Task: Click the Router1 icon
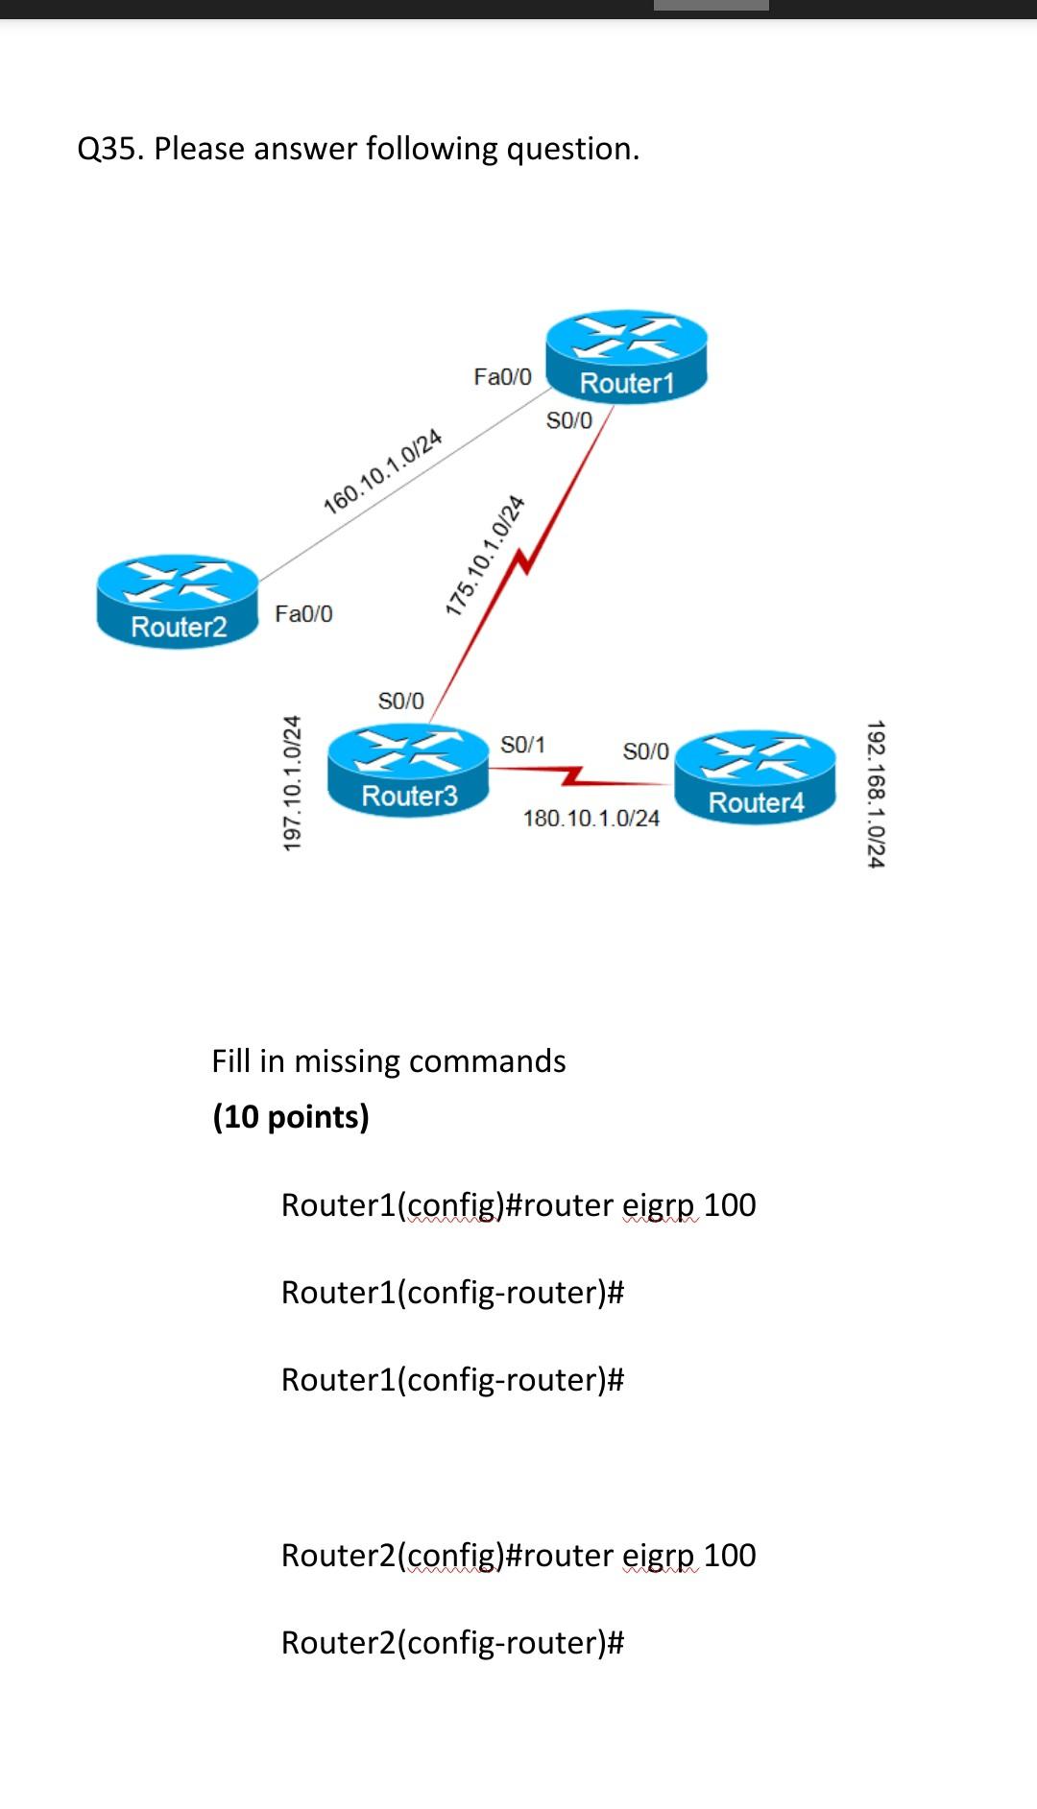click(626, 357)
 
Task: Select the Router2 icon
click(178, 602)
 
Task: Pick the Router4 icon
click(756, 776)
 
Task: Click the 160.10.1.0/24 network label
click(382, 471)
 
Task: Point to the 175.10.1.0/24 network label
click(486, 554)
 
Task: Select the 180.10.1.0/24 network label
click(591, 819)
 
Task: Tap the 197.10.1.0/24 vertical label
click(292, 781)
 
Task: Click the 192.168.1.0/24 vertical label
click(875, 794)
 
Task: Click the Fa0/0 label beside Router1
click(502, 376)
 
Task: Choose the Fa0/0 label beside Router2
click(303, 613)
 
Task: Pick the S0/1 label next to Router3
click(522, 745)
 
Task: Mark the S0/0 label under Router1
click(568, 420)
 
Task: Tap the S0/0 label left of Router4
click(645, 751)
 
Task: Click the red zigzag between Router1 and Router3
click(522, 563)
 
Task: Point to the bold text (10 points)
click(291, 1116)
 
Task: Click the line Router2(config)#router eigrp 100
click(518, 1555)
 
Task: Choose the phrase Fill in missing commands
click(388, 1060)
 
